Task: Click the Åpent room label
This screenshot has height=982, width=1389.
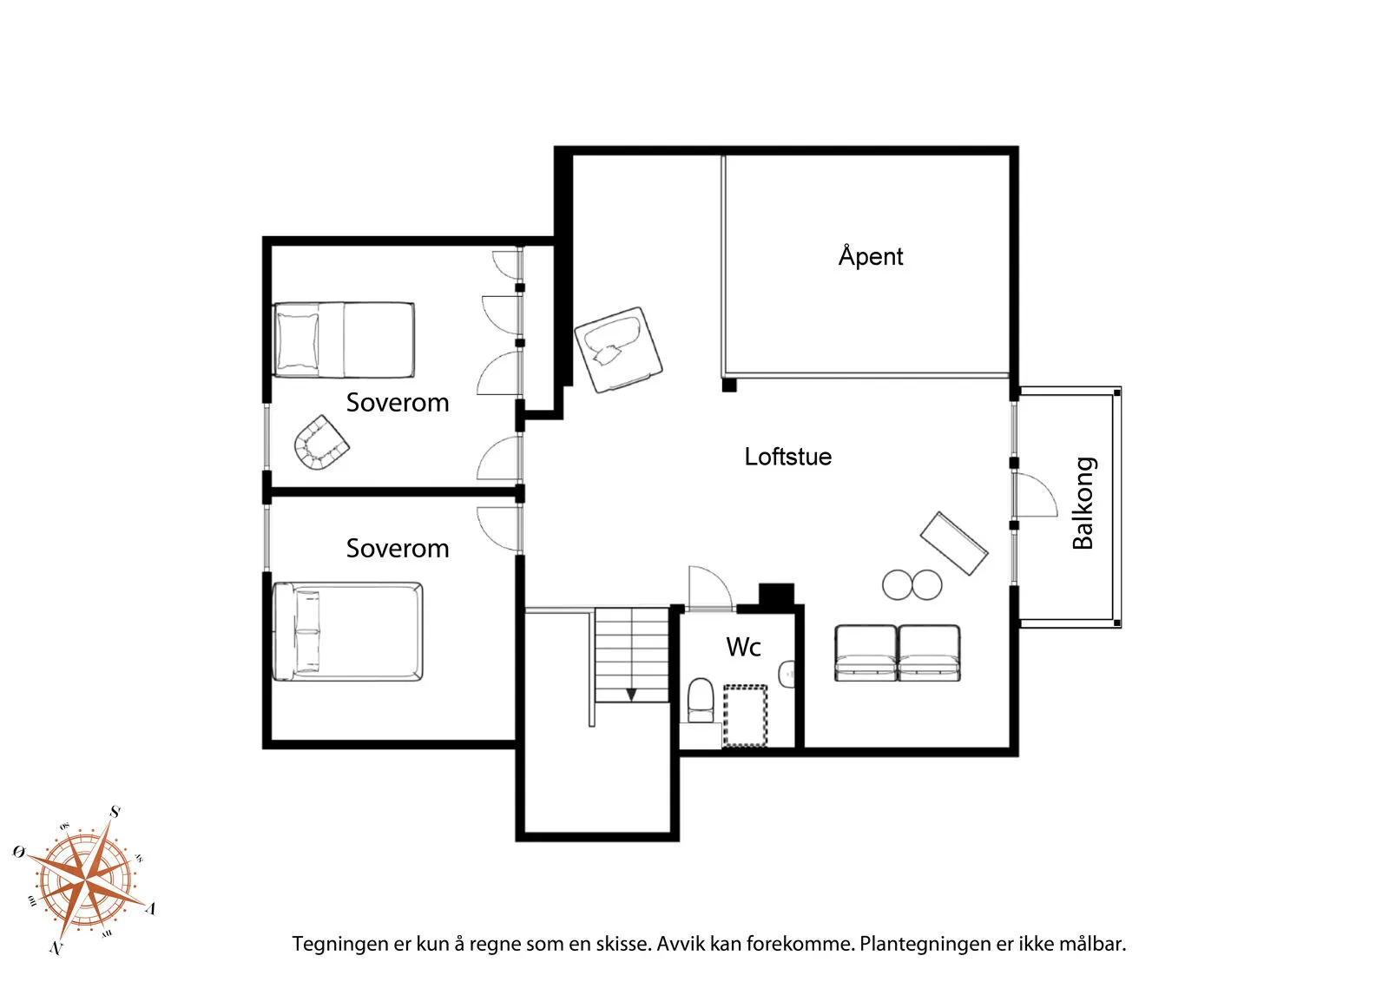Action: (x=870, y=256)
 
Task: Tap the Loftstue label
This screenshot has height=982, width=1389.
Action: (x=787, y=457)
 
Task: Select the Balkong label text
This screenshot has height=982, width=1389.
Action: (x=1083, y=503)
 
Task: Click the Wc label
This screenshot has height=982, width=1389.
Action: (x=743, y=647)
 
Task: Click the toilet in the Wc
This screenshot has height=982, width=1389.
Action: (x=700, y=700)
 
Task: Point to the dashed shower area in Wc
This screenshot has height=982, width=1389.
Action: (x=746, y=715)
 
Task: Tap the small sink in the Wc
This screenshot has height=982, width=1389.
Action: (x=788, y=674)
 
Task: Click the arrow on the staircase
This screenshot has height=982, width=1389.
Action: (x=631, y=694)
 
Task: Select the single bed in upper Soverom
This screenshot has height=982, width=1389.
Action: (x=343, y=339)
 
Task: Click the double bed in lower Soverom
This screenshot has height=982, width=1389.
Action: (x=347, y=631)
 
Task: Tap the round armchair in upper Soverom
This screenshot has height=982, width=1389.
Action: (x=320, y=443)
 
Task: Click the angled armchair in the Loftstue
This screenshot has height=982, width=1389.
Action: (x=617, y=349)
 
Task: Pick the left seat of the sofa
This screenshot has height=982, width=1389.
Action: (x=866, y=653)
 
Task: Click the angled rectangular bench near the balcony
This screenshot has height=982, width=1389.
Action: (x=953, y=544)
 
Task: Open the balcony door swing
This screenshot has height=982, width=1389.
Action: (x=1036, y=495)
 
